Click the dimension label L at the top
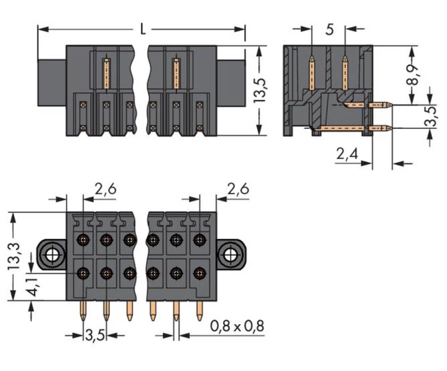(142, 30)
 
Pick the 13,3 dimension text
(15, 256)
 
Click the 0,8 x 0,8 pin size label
(237, 327)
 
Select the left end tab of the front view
(51, 83)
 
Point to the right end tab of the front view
(231, 83)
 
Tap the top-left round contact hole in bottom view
(83, 239)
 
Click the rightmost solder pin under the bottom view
(199, 313)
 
